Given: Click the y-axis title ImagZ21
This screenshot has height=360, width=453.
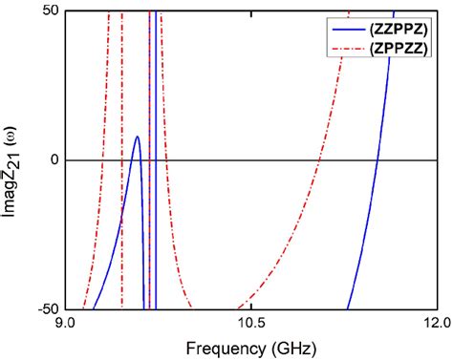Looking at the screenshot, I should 16,159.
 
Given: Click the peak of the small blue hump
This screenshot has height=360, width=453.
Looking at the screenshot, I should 138,137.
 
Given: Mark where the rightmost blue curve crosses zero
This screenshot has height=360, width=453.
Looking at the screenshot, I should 377,159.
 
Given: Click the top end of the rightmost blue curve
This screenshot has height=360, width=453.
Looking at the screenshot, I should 392,11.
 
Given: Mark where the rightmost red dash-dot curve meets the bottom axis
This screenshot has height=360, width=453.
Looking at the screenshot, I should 234,308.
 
